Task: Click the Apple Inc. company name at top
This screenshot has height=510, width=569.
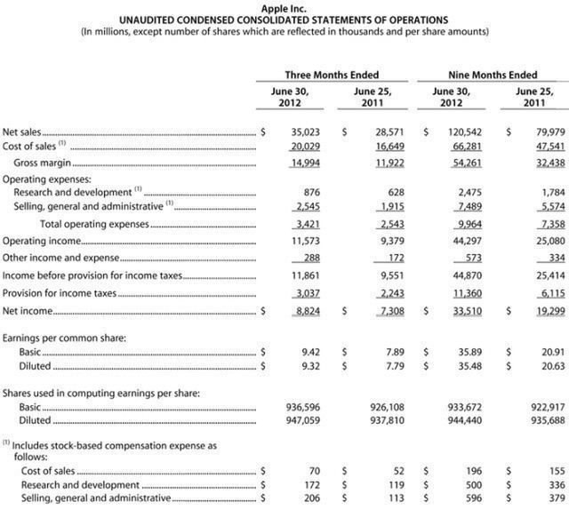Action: tap(284, 8)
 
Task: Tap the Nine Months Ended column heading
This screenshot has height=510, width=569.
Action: tap(489, 75)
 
